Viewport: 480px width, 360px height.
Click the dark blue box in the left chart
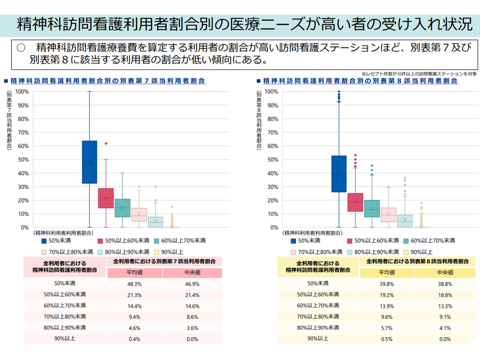click(x=89, y=162)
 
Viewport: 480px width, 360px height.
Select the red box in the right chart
click(x=355, y=202)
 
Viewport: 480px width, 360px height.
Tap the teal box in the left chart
click(x=122, y=207)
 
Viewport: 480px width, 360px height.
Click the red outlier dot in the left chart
click(x=106, y=143)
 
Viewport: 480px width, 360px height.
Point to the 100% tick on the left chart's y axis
click(x=21, y=91)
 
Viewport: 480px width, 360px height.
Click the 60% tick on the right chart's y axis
click(x=270, y=146)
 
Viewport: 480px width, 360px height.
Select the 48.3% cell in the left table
click(x=134, y=283)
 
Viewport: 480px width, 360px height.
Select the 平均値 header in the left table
click(x=134, y=272)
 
